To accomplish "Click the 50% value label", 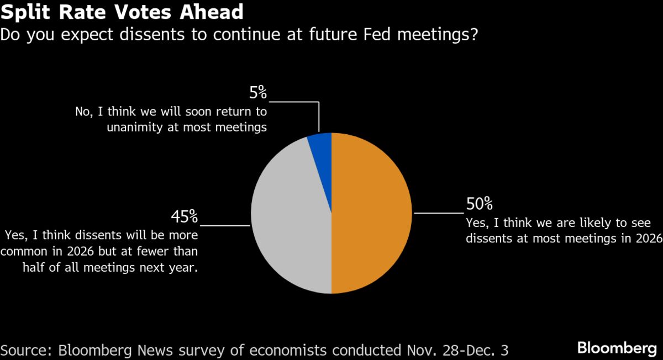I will tap(479, 204).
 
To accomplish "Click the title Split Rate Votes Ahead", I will tap(122, 12).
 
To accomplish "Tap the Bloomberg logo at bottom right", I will tap(617, 348).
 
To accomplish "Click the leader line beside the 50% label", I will tap(439, 213).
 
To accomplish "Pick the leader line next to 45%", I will tap(225, 225).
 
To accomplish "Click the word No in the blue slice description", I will tap(83, 112).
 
